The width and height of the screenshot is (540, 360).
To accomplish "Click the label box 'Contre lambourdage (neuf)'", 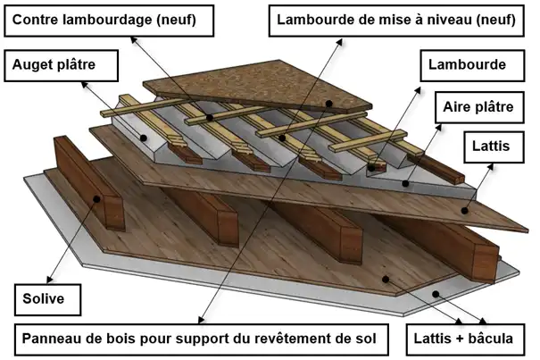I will [112, 19].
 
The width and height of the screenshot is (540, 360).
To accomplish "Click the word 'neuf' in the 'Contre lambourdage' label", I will [188, 19].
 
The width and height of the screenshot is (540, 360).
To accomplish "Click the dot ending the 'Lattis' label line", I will [465, 212].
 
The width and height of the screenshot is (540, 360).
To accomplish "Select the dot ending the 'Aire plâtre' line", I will [405, 182].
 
